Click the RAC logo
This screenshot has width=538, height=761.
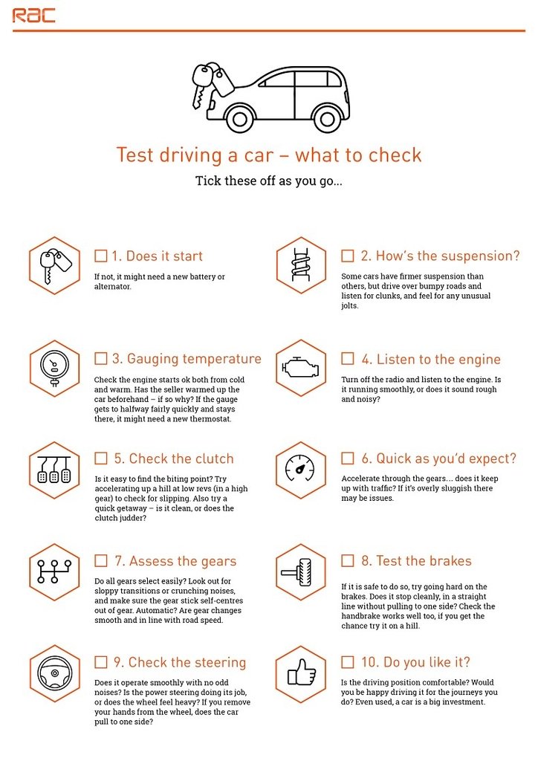(33, 15)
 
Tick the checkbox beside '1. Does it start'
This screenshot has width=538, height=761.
(101, 256)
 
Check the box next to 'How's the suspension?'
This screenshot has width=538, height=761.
(347, 256)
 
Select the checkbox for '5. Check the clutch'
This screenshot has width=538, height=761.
(101, 458)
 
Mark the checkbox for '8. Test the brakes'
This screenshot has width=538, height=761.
(347, 560)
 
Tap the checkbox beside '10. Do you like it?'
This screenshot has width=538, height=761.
(347, 661)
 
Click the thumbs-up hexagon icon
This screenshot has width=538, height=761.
(300, 673)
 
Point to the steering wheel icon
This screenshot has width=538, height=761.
(54, 673)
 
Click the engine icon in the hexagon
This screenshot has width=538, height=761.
(300, 369)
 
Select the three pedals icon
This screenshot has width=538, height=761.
(54, 470)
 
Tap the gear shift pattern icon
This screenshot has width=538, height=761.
(54, 571)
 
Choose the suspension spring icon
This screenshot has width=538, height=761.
(300, 266)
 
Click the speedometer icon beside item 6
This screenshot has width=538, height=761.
(300, 470)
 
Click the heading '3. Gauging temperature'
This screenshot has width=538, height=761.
(187, 359)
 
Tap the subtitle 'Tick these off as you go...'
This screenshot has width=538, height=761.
(268, 181)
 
